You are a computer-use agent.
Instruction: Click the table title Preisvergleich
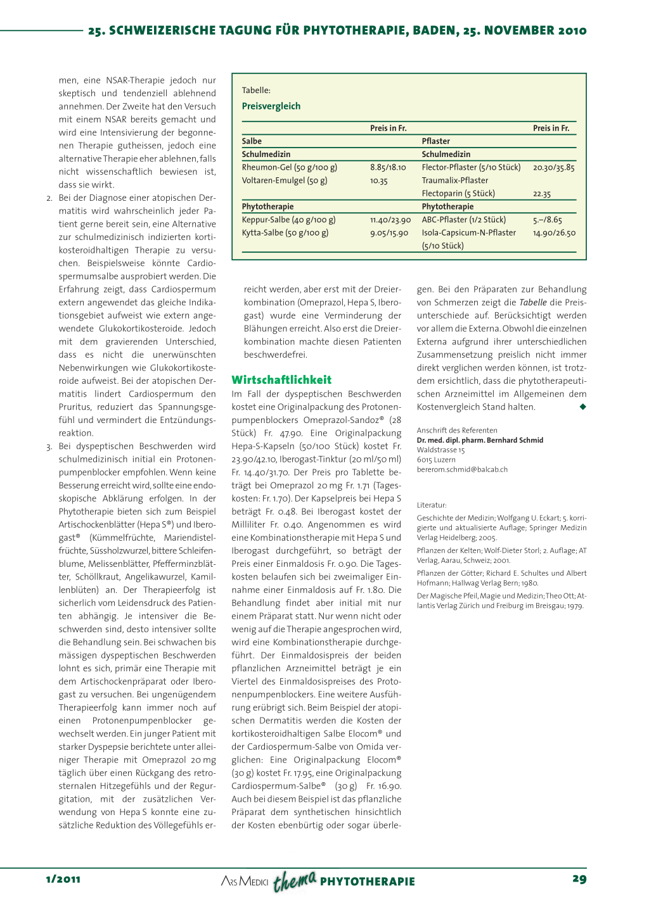click(x=271, y=106)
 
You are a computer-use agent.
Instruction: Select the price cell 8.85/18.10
click(x=388, y=168)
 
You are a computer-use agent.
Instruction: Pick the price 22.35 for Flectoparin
click(x=542, y=194)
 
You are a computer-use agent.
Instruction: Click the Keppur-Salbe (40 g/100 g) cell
click(x=288, y=220)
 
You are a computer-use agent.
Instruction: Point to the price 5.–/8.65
click(x=548, y=220)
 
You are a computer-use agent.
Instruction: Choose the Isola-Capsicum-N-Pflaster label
click(x=469, y=233)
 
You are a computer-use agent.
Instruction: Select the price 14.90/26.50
click(x=554, y=233)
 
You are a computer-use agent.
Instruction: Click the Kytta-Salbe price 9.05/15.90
click(x=389, y=233)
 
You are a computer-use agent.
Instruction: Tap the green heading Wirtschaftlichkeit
click(x=281, y=380)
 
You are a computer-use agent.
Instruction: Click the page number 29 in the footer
click(x=579, y=879)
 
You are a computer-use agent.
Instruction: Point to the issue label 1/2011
click(x=63, y=879)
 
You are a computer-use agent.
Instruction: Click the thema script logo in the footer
click(x=295, y=881)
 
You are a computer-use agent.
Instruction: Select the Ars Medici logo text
click(x=245, y=882)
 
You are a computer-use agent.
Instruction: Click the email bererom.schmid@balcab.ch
click(x=462, y=470)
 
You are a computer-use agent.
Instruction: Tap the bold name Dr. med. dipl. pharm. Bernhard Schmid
click(x=480, y=440)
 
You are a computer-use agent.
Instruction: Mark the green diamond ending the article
click(x=583, y=407)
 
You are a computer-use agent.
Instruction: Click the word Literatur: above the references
click(x=432, y=505)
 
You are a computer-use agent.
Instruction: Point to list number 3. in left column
click(x=49, y=446)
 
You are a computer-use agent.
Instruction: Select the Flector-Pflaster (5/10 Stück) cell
click(x=471, y=168)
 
